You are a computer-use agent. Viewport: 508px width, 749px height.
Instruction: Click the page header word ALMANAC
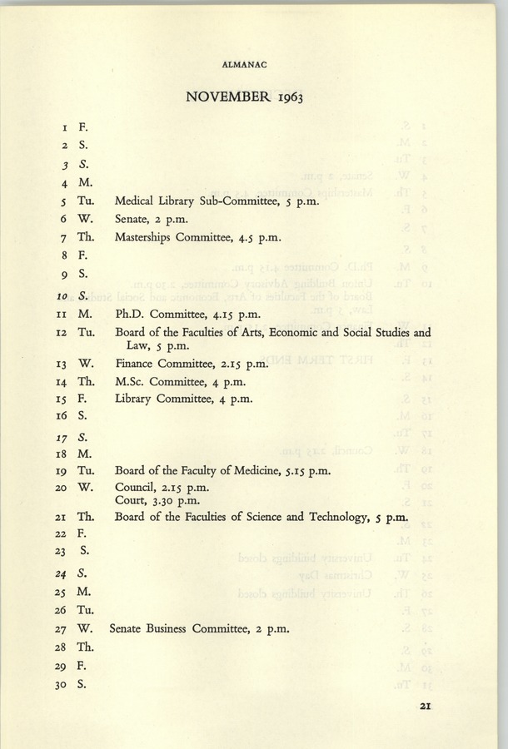[x=253, y=62]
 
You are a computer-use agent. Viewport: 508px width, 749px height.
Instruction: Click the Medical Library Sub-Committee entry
[x=212, y=201]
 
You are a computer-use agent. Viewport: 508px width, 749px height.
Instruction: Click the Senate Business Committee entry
[x=199, y=629]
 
